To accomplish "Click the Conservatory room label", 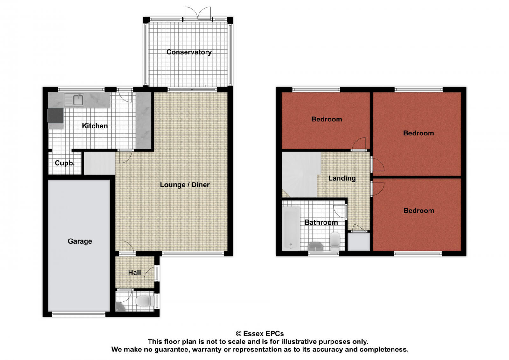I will pos(189,52).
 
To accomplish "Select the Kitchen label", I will pos(95,126).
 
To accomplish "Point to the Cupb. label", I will pos(65,163).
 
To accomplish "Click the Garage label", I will pos(80,241).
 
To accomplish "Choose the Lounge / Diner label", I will pos(185,185).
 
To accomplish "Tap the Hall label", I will pos(134,273).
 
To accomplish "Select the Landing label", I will pos(342,178).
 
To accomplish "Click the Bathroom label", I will pos(321,222).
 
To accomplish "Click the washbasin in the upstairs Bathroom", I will pos(315,246).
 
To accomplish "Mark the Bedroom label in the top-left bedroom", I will pos(327,119).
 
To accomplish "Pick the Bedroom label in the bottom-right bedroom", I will pos(419,211).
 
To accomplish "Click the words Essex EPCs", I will pos(263,334).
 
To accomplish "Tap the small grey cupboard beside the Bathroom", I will pos(359,242).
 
